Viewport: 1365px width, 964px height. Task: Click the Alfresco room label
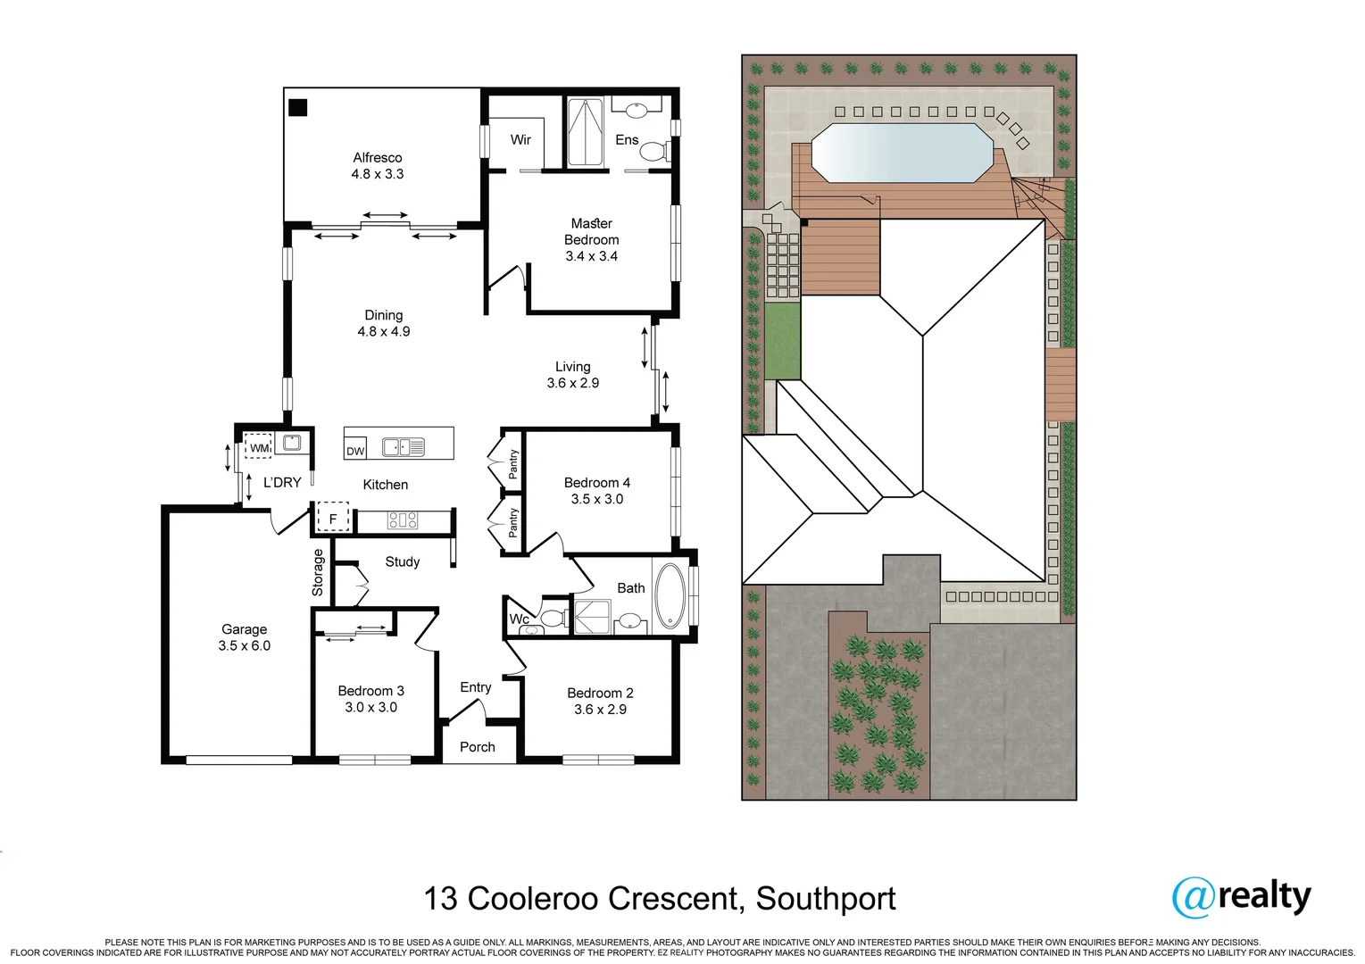pyautogui.click(x=377, y=158)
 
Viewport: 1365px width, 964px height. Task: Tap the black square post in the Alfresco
pyautogui.click(x=298, y=107)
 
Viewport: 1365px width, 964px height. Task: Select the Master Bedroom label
pyautogui.click(x=591, y=231)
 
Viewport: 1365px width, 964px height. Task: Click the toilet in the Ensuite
pyautogui.click(x=653, y=151)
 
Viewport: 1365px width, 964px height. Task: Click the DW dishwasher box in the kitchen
pyautogui.click(x=355, y=451)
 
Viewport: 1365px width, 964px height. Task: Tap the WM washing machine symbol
pyautogui.click(x=259, y=447)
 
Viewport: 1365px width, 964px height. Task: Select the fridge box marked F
pyautogui.click(x=333, y=519)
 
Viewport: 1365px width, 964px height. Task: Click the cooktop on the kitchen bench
pyautogui.click(x=403, y=520)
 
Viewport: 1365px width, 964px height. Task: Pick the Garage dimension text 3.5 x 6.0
pyautogui.click(x=244, y=645)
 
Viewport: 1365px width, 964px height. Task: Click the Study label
pyautogui.click(x=402, y=561)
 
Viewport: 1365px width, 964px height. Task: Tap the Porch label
pyautogui.click(x=477, y=747)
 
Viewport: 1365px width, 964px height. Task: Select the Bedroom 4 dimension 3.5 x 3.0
pyautogui.click(x=596, y=499)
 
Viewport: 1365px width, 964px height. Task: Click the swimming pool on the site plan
pyautogui.click(x=901, y=153)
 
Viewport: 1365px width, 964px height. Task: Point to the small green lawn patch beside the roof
pyautogui.click(x=782, y=341)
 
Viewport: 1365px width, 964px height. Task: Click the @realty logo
pyautogui.click(x=1241, y=896)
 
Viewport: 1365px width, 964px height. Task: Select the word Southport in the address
pyautogui.click(x=826, y=899)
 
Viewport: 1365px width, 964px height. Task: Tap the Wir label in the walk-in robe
pyautogui.click(x=520, y=140)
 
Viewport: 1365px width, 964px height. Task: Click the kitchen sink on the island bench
pyautogui.click(x=404, y=447)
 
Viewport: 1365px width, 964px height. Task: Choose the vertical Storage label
pyautogui.click(x=318, y=572)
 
